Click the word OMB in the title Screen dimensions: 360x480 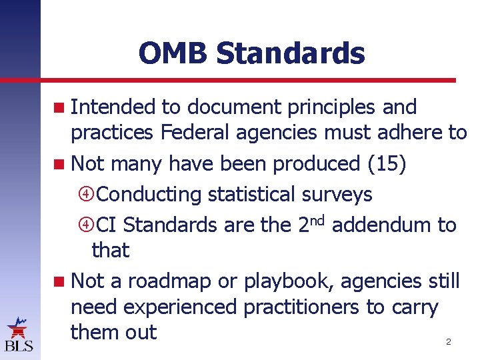click(x=173, y=53)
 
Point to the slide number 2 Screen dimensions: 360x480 click(x=448, y=342)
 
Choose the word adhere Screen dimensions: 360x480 click(x=406, y=132)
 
